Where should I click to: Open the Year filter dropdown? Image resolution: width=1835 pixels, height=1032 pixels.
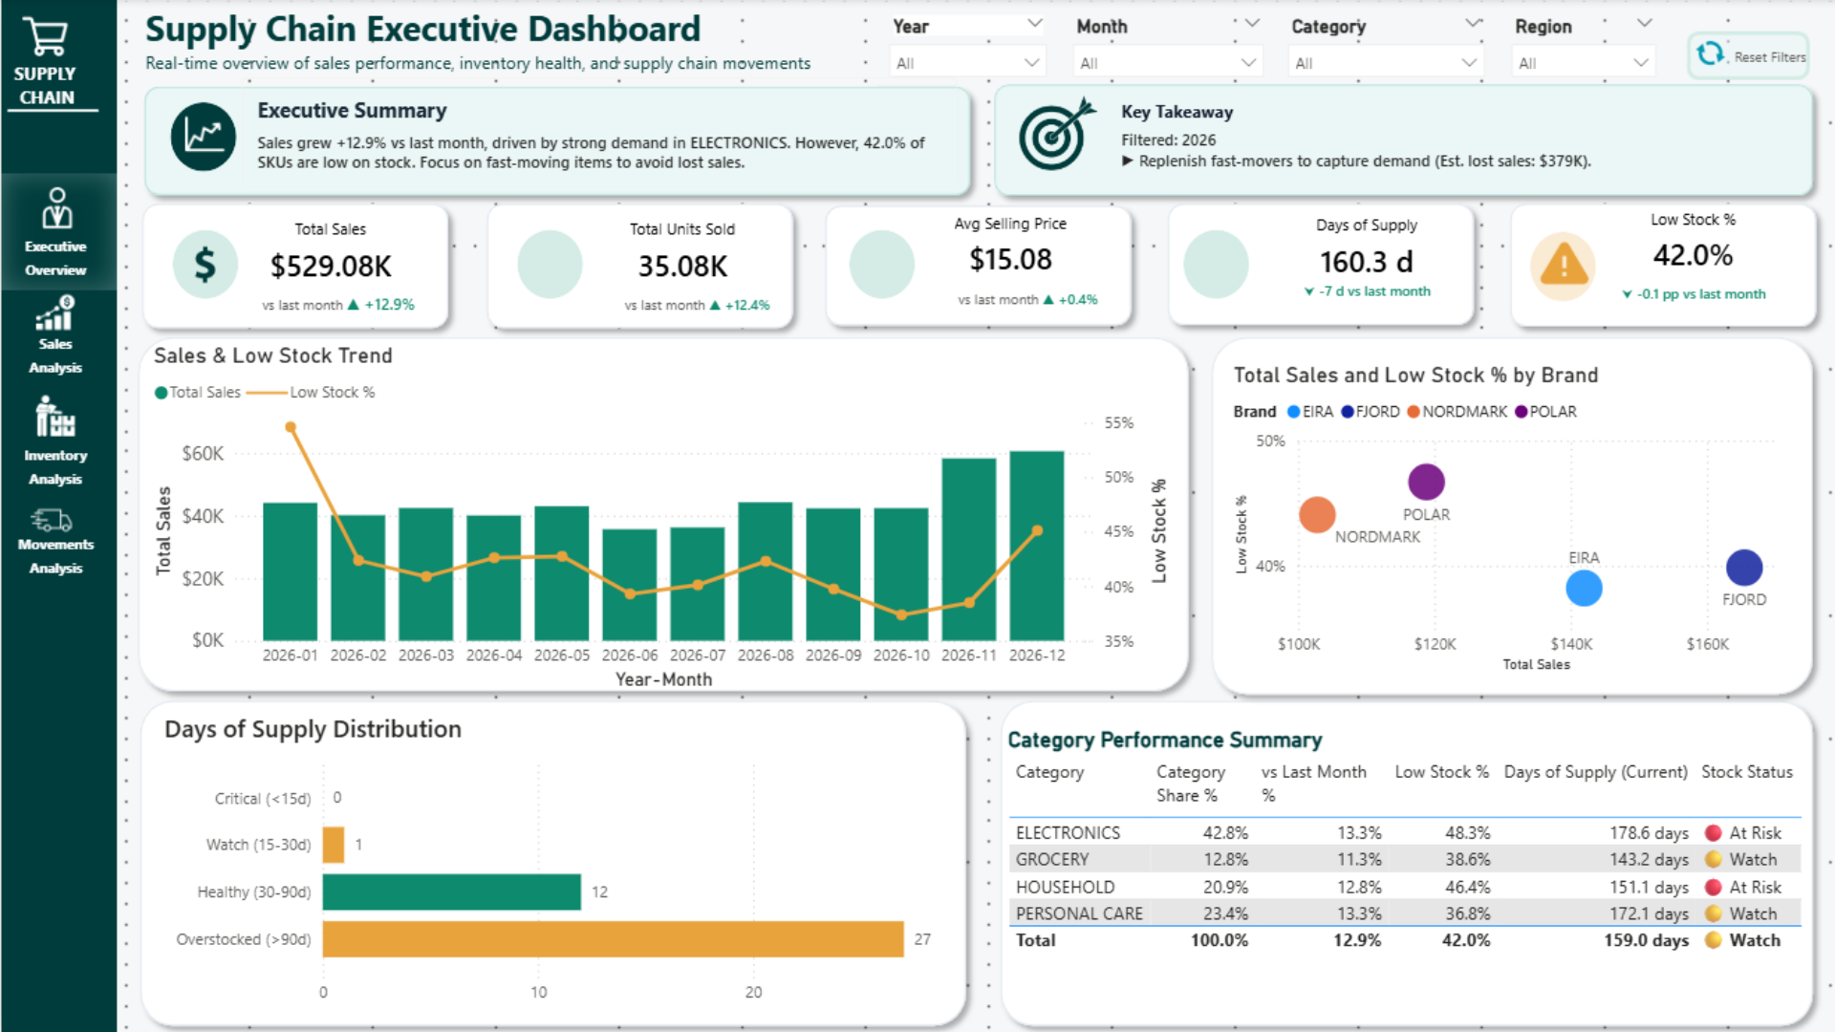[967, 63]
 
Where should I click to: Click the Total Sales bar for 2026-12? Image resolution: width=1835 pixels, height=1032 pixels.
[1037, 546]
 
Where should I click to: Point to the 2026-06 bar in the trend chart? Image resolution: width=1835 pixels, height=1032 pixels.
[630, 585]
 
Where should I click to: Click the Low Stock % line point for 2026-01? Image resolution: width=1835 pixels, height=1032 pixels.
[291, 427]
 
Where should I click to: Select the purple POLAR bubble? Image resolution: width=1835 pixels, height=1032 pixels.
[1426, 482]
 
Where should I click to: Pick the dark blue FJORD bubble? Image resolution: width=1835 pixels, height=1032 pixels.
[1744, 568]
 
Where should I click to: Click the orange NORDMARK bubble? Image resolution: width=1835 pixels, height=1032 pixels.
[1317, 514]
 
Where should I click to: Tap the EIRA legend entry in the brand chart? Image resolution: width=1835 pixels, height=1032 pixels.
[1310, 412]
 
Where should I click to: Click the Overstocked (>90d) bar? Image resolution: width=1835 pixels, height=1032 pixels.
[613, 939]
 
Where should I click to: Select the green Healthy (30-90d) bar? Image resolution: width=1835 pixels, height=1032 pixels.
[451, 892]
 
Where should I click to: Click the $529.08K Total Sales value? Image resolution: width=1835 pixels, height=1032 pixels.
[331, 267]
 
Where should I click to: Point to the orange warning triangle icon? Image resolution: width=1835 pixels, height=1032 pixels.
[1564, 263]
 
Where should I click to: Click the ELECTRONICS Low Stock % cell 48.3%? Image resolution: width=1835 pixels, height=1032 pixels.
[1467, 833]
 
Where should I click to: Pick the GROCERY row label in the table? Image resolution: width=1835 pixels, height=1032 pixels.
[1052, 860]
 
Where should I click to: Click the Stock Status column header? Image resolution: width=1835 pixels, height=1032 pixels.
[1747, 772]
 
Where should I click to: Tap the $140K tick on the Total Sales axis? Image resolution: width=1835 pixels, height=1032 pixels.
[1571, 644]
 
